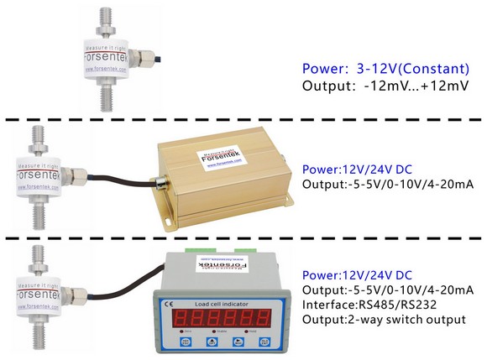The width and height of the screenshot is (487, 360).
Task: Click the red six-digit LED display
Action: coord(223,318)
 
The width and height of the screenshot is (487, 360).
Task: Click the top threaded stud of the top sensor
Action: coord(108,18)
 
